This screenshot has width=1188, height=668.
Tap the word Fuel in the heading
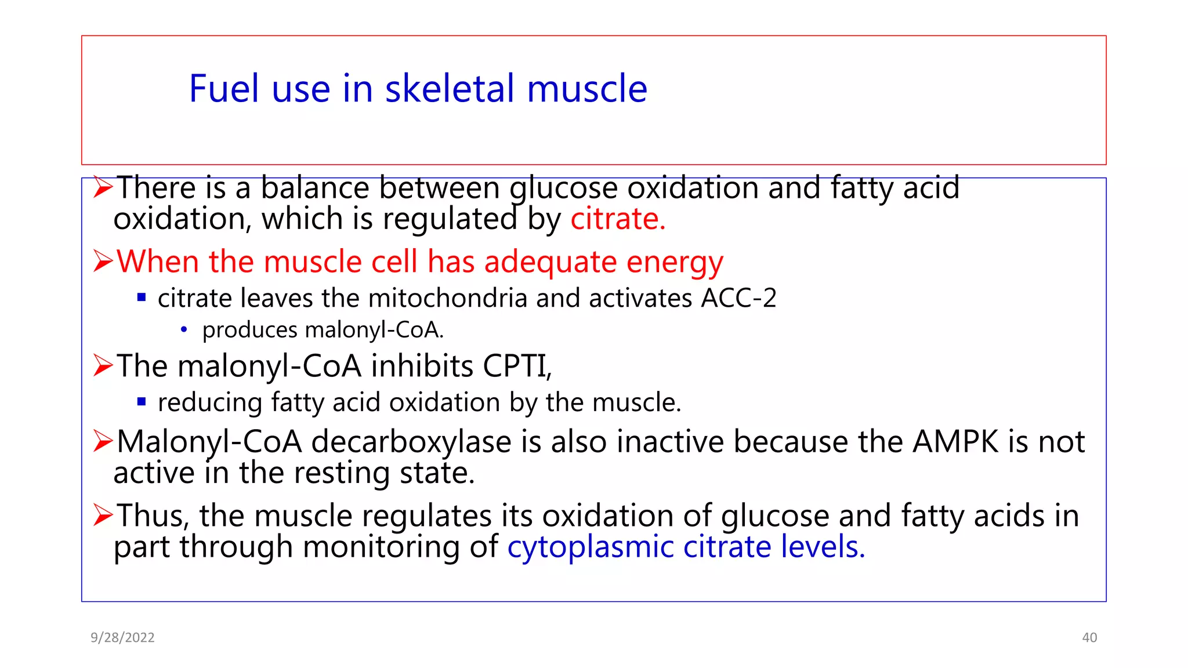point(223,89)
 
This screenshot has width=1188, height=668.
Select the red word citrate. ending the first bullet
point(618,219)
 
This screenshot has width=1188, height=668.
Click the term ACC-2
point(738,299)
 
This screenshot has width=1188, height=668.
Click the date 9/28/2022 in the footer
point(122,638)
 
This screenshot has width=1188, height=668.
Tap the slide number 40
point(1089,638)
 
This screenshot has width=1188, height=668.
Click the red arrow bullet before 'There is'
point(103,188)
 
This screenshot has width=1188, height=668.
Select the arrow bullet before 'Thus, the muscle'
point(103,515)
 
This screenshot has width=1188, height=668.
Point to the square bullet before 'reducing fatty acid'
point(142,401)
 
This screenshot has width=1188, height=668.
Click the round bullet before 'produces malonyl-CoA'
point(184,330)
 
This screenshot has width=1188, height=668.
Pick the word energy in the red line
point(675,262)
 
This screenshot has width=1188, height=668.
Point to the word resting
point(343,474)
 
